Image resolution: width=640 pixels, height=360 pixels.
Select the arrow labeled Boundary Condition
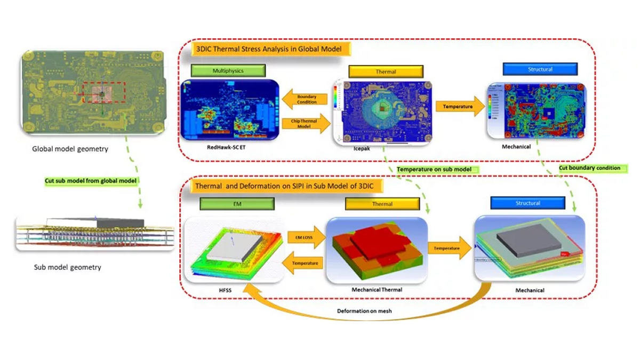305,99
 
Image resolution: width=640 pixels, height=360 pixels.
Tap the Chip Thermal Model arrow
305,124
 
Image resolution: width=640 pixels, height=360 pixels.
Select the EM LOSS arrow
305,237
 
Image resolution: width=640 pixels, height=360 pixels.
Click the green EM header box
237,203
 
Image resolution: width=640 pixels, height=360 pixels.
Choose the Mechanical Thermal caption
377,290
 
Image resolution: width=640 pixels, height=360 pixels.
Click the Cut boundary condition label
593,168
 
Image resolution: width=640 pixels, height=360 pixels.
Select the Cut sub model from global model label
91,181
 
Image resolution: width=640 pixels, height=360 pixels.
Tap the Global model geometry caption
70,149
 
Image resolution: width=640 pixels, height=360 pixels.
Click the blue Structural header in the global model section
540,69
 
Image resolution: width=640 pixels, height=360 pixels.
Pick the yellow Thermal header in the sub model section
382,204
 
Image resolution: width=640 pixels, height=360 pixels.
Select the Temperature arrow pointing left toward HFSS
305,262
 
